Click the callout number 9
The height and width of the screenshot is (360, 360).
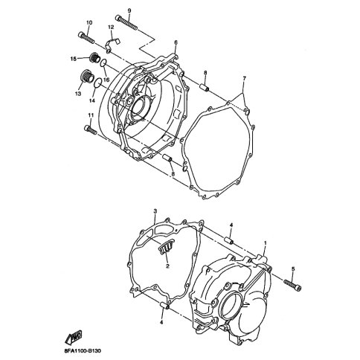click(x=129, y=10)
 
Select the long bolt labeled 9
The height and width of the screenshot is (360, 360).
click(x=126, y=22)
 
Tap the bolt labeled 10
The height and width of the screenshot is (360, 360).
click(x=86, y=37)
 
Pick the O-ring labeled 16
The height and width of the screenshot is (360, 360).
click(x=104, y=63)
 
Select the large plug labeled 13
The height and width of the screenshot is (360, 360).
click(x=87, y=76)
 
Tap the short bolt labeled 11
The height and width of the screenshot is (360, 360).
click(x=90, y=129)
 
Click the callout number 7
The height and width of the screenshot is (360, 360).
click(x=244, y=79)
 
